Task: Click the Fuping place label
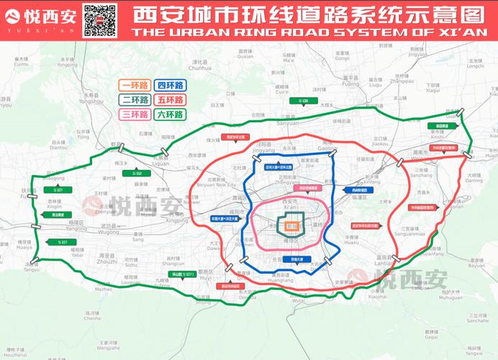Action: (350, 83)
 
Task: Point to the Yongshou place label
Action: (93, 102)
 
